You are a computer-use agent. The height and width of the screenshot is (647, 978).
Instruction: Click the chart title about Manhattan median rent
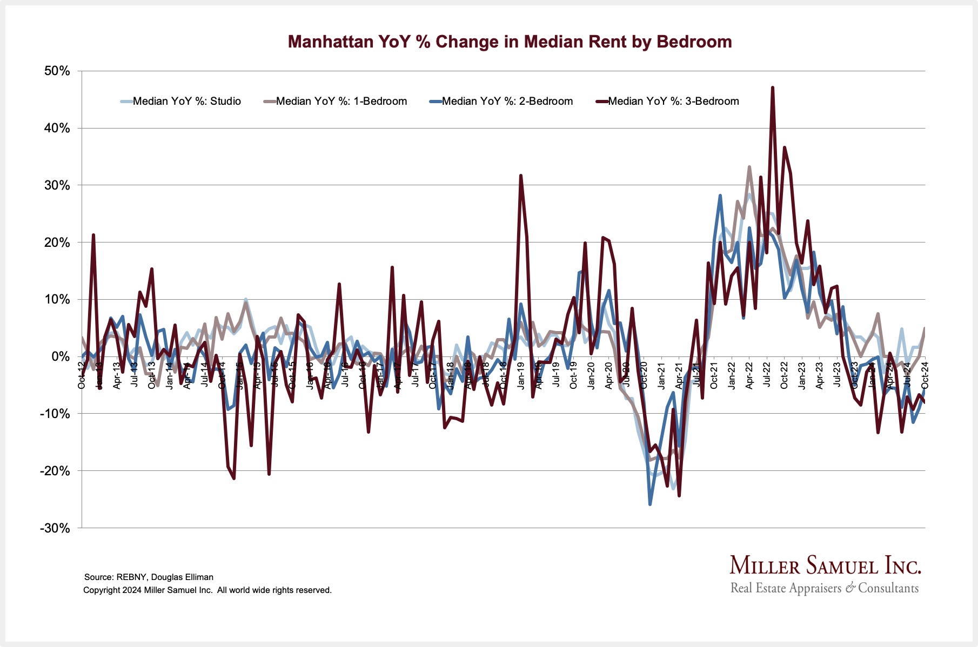(510, 42)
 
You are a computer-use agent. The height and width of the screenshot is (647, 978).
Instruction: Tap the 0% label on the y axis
(61, 356)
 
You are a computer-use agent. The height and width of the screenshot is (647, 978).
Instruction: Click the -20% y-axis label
(55, 471)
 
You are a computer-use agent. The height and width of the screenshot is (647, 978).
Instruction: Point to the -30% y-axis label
(55, 528)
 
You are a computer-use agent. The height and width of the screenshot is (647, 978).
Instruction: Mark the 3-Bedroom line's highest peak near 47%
(773, 87)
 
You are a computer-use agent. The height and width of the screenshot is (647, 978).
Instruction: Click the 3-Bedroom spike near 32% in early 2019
(520, 176)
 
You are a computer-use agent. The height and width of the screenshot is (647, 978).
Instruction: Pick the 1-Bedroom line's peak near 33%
(749, 167)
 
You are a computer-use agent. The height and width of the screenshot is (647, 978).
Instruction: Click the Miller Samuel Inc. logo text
(825, 565)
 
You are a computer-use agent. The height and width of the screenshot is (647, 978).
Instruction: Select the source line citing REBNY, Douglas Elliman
(149, 577)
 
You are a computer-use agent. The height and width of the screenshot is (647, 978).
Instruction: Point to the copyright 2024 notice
(207, 590)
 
